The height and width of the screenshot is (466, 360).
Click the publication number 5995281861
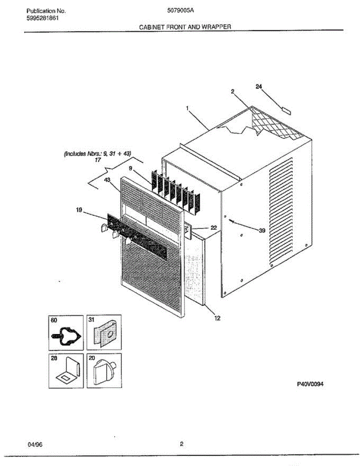[x=43, y=18]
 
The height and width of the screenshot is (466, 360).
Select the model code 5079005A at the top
[x=181, y=11]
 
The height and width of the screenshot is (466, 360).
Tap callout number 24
[x=259, y=86]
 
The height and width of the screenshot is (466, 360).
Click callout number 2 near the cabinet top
[x=232, y=92]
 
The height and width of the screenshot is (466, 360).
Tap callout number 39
[x=262, y=230]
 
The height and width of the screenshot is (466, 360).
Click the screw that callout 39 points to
[x=232, y=221]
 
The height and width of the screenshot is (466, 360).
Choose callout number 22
[x=213, y=228]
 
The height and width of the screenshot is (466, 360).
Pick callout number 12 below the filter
[x=217, y=318]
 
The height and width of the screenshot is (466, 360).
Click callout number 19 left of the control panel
[x=79, y=210]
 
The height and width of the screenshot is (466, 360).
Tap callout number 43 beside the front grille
[x=107, y=180]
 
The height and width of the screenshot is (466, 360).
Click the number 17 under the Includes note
[x=97, y=159]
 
